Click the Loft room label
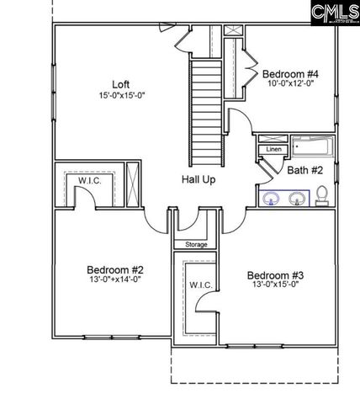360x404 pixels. [x=121, y=83]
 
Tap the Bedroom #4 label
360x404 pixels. [x=289, y=72]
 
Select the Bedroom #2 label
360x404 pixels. [x=116, y=270]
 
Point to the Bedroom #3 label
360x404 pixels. [x=275, y=275]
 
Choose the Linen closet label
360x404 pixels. [x=273, y=150]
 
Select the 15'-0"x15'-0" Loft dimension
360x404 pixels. [x=121, y=95]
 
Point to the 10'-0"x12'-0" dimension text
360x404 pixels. [x=289, y=83]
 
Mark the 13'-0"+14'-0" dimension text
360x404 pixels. [x=116, y=282]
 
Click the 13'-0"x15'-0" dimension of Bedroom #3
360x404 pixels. [x=275, y=285]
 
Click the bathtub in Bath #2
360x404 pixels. [x=311, y=147]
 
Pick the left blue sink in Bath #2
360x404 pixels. [x=271, y=199]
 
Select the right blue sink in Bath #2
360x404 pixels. [x=296, y=199]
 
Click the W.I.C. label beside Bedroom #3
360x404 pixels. [x=200, y=285]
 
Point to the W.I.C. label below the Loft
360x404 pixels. [x=90, y=179]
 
